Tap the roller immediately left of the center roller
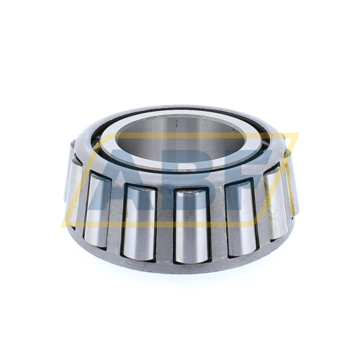click(138, 220)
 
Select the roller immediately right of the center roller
click(240, 215)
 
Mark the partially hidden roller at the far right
click(294, 180)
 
